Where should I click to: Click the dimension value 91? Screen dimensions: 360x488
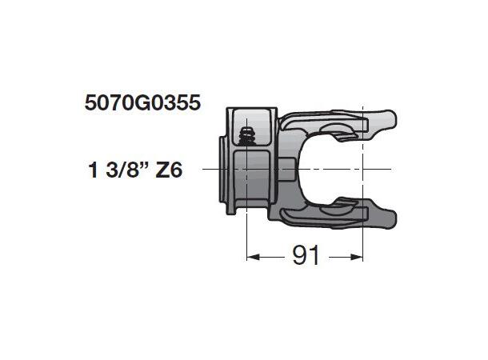305,256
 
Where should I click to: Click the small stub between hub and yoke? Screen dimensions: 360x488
290,169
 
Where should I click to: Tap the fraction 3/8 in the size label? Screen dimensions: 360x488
125,170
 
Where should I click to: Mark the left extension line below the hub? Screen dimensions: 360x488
246,236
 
